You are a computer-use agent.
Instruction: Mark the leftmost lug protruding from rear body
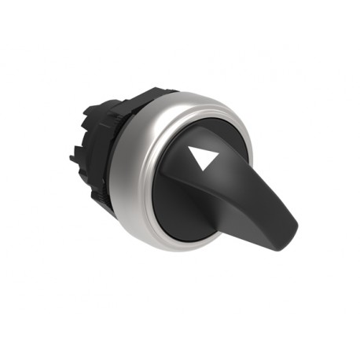(73, 157)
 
